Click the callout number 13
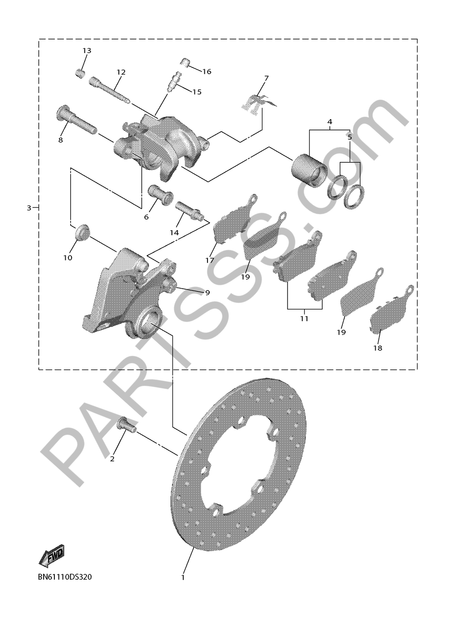pyautogui.click(x=86, y=51)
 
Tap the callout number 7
pyautogui.click(x=266, y=78)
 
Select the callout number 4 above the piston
pyautogui.click(x=330, y=122)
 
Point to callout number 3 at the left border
pyautogui.click(x=29, y=208)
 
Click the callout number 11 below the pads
pyautogui.click(x=304, y=318)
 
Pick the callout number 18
pyautogui.click(x=378, y=348)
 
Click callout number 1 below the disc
pyautogui.click(x=183, y=577)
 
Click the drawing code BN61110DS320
pyautogui.click(x=65, y=577)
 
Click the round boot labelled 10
pyautogui.click(x=82, y=232)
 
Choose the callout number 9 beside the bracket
pyautogui.click(x=207, y=293)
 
